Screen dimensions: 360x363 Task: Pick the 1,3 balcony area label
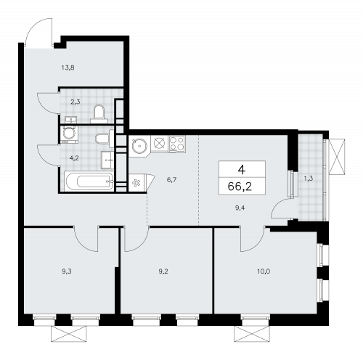click(x=310, y=176)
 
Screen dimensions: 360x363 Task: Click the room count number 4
click(x=240, y=168)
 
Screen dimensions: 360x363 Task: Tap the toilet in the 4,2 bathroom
click(x=103, y=138)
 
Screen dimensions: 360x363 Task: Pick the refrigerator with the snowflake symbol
click(x=138, y=182)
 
